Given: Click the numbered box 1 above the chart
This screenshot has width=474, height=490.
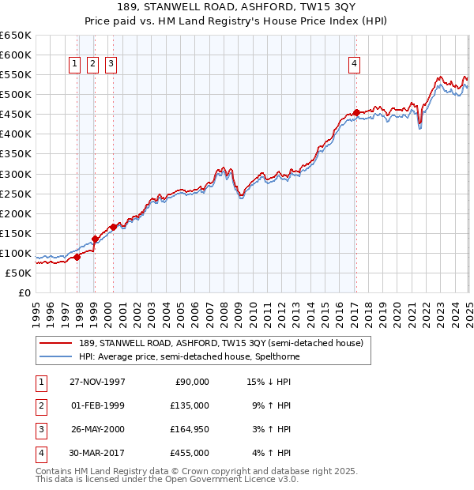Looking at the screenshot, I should click(x=74, y=64).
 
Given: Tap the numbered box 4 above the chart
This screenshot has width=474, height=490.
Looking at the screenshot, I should click(x=355, y=64).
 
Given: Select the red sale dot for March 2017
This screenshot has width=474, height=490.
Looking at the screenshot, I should click(x=356, y=112).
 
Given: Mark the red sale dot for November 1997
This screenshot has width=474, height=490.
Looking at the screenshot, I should click(x=77, y=257).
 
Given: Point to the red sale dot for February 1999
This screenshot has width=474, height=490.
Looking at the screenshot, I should click(x=95, y=239).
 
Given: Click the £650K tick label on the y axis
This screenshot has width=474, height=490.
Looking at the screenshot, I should click(x=16, y=36).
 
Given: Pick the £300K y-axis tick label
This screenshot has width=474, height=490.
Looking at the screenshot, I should click(x=16, y=174).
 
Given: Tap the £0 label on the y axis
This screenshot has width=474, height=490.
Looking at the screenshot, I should click(x=24, y=292).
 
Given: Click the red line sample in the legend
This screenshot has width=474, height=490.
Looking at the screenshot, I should click(x=55, y=344).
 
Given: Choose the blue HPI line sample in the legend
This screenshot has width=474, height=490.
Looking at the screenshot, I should click(x=55, y=356).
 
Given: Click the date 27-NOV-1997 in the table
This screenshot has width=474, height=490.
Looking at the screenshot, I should click(x=97, y=382).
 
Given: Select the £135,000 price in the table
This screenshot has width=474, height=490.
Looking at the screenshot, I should click(x=190, y=405).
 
